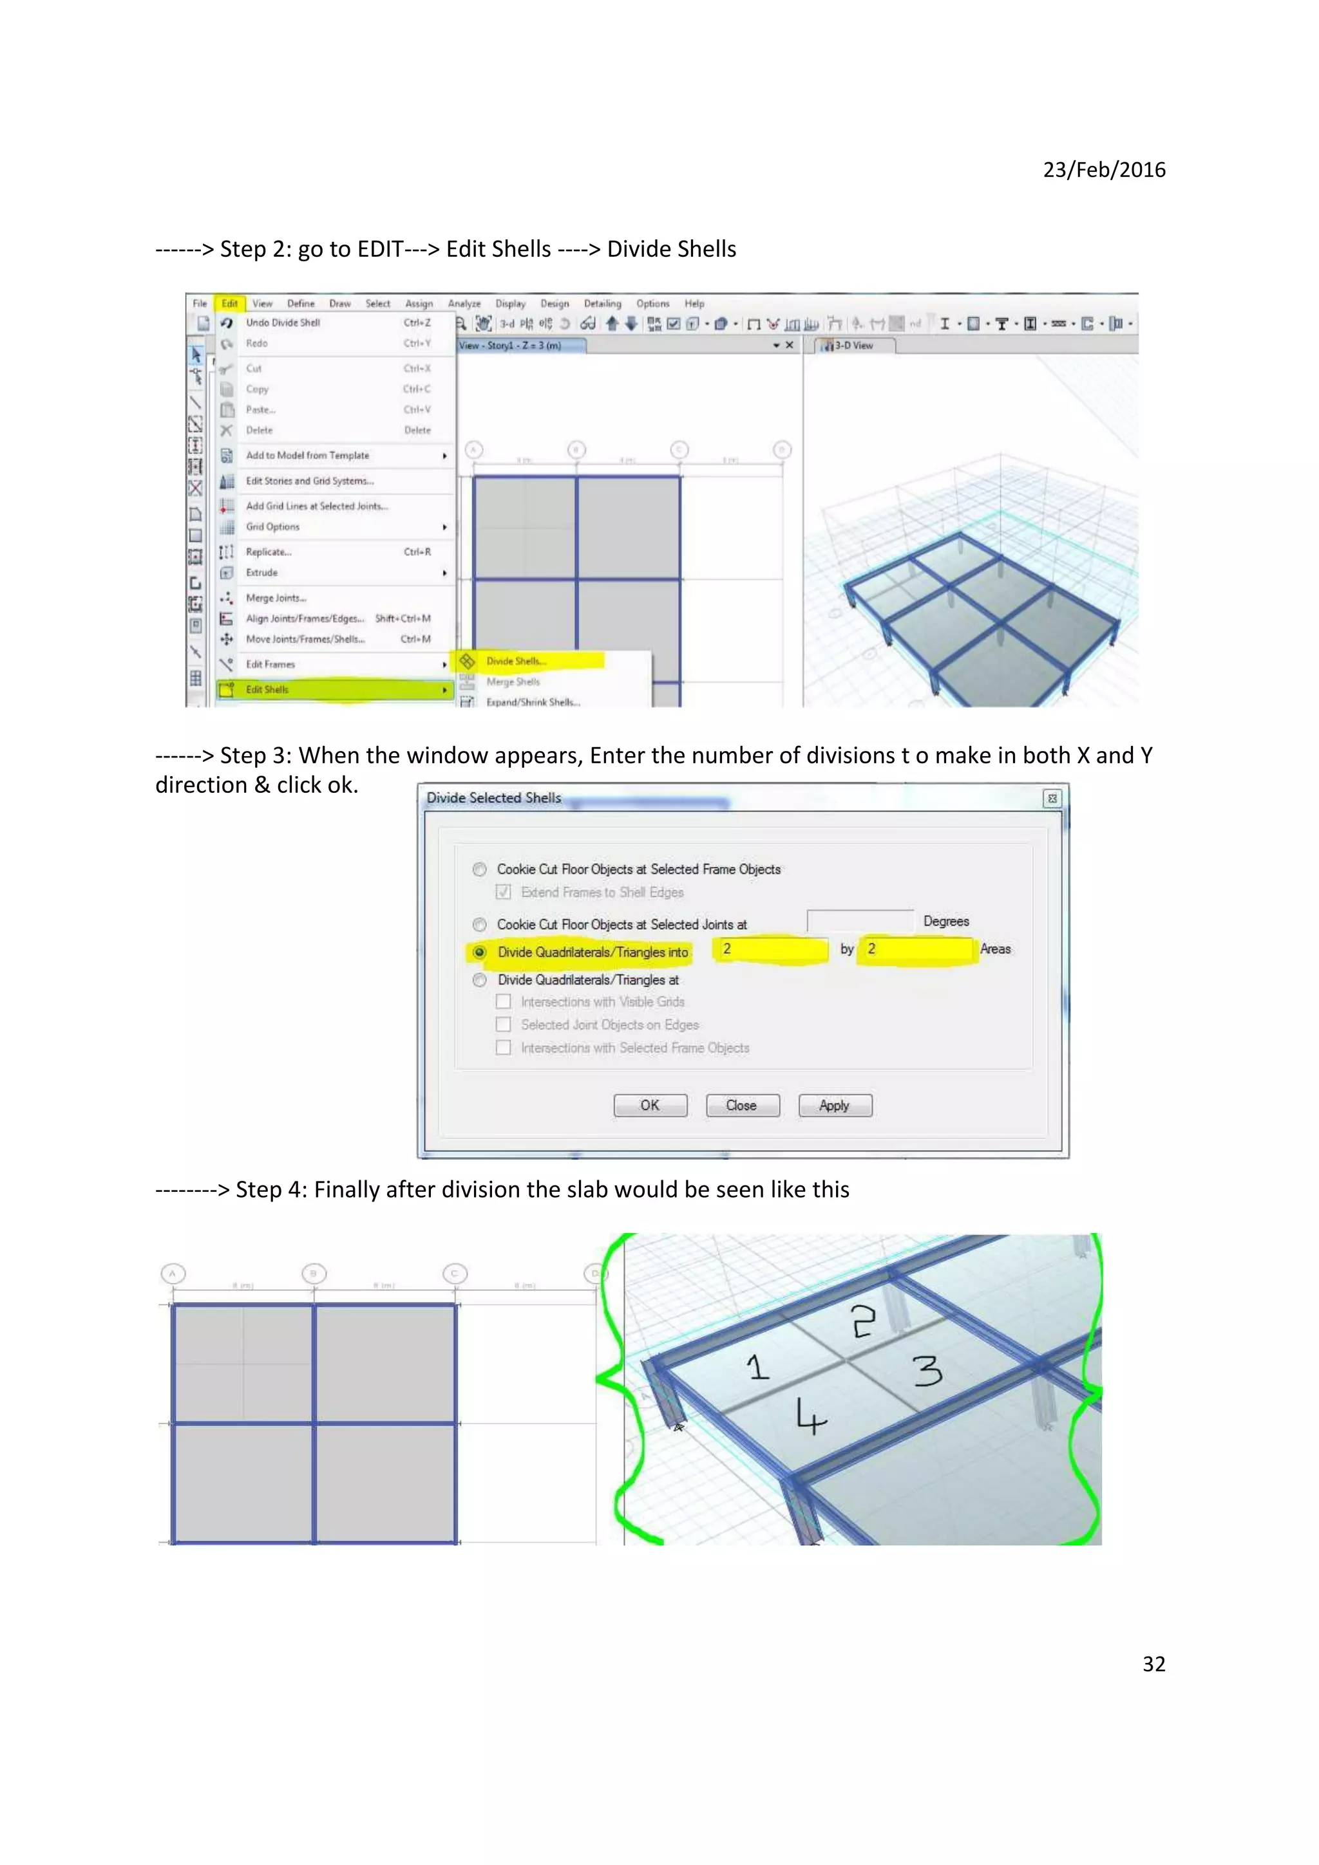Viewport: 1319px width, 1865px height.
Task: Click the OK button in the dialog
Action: pyautogui.click(x=649, y=1106)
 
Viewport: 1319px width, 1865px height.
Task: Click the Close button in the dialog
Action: pyautogui.click(x=741, y=1106)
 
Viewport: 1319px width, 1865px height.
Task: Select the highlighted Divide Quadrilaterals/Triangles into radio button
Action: pyautogui.click(x=479, y=952)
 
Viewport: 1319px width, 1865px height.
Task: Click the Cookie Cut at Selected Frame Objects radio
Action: pyautogui.click(x=479, y=869)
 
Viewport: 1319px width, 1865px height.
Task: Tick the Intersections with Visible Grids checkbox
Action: pyautogui.click(x=504, y=1001)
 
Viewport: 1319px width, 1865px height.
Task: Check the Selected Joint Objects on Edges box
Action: pyautogui.click(x=504, y=1025)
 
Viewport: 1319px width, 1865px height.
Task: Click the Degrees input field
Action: pyautogui.click(x=859, y=921)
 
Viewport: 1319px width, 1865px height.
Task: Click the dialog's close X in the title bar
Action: pyautogui.click(x=1052, y=799)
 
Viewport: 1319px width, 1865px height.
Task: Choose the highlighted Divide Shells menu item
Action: pyautogui.click(x=516, y=661)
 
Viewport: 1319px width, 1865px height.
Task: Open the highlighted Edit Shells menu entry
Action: pyautogui.click(x=268, y=690)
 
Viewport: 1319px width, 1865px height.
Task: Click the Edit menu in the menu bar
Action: pyautogui.click(x=230, y=304)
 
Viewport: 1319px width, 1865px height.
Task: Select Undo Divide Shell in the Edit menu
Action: pyautogui.click(x=283, y=322)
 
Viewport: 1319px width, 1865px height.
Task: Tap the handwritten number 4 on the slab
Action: pyautogui.click(x=810, y=1418)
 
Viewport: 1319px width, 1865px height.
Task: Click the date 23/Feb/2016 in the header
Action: pyautogui.click(x=1104, y=170)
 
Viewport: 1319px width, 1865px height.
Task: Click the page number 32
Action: pyautogui.click(x=1153, y=1664)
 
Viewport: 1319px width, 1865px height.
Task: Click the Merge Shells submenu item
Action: pyautogui.click(x=513, y=682)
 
